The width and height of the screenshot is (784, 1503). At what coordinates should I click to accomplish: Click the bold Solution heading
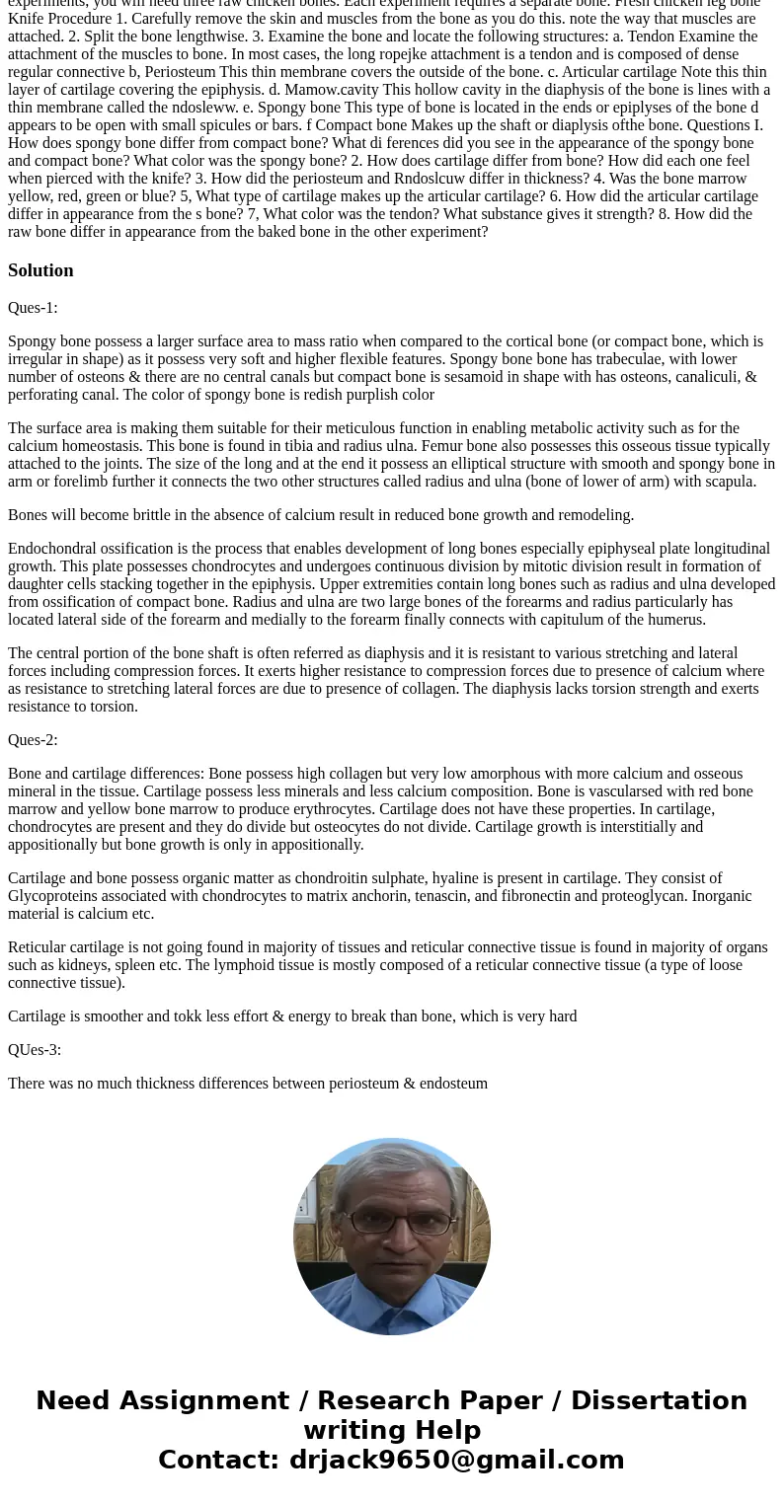40,270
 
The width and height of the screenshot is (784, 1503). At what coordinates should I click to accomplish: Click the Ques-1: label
33,308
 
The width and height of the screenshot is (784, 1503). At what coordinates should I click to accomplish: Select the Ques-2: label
33,740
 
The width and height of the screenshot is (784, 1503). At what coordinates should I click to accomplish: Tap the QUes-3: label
35,1050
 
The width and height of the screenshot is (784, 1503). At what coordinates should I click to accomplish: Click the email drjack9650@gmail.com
456,1460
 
